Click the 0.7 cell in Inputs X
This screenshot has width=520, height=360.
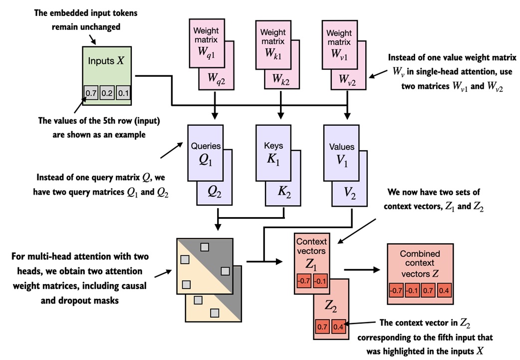(x=91, y=93)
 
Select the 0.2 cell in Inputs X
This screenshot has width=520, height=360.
(x=107, y=93)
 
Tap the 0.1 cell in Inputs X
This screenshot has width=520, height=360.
(x=123, y=93)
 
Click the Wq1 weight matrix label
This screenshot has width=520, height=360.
(x=206, y=52)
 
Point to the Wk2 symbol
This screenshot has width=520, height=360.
(x=280, y=79)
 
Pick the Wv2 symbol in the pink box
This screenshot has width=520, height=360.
(x=347, y=80)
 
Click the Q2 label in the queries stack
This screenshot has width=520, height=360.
(x=214, y=192)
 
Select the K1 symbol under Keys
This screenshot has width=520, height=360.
(x=273, y=160)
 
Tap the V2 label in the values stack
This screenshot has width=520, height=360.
(x=349, y=193)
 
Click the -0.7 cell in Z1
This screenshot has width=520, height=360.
(x=303, y=282)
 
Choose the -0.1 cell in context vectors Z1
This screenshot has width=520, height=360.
(x=320, y=282)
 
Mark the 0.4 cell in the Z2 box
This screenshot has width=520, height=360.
(x=338, y=327)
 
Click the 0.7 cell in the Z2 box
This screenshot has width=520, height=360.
(x=322, y=327)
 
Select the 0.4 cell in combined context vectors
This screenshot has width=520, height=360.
(x=444, y=291)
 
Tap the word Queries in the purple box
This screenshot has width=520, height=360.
(x=206, y=146)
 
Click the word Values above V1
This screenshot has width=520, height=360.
(x=341, y=147)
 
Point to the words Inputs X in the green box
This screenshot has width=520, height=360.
(x=106, y=61)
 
